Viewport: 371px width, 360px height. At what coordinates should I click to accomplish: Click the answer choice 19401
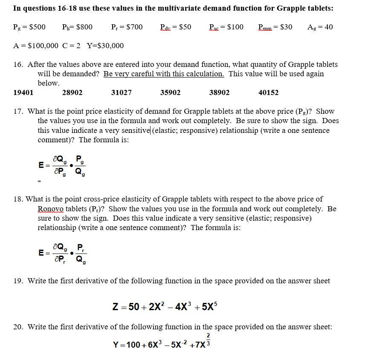[23, 92]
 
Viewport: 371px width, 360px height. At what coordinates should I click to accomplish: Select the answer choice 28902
[72, 92]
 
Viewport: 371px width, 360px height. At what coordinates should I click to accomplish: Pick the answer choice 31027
[121, 92]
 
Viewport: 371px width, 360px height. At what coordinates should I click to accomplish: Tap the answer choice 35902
[170, 92]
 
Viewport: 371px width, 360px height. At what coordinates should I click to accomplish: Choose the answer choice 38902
[219, 92]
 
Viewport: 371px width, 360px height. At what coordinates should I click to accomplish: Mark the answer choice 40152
[268, 92]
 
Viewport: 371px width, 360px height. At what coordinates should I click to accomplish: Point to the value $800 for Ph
[84, 27]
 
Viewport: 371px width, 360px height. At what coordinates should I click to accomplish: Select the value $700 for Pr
[134, 27]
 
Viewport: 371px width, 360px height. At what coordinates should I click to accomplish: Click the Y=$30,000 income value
[105, 46]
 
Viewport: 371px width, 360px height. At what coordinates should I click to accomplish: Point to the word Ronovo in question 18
[50, 209]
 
